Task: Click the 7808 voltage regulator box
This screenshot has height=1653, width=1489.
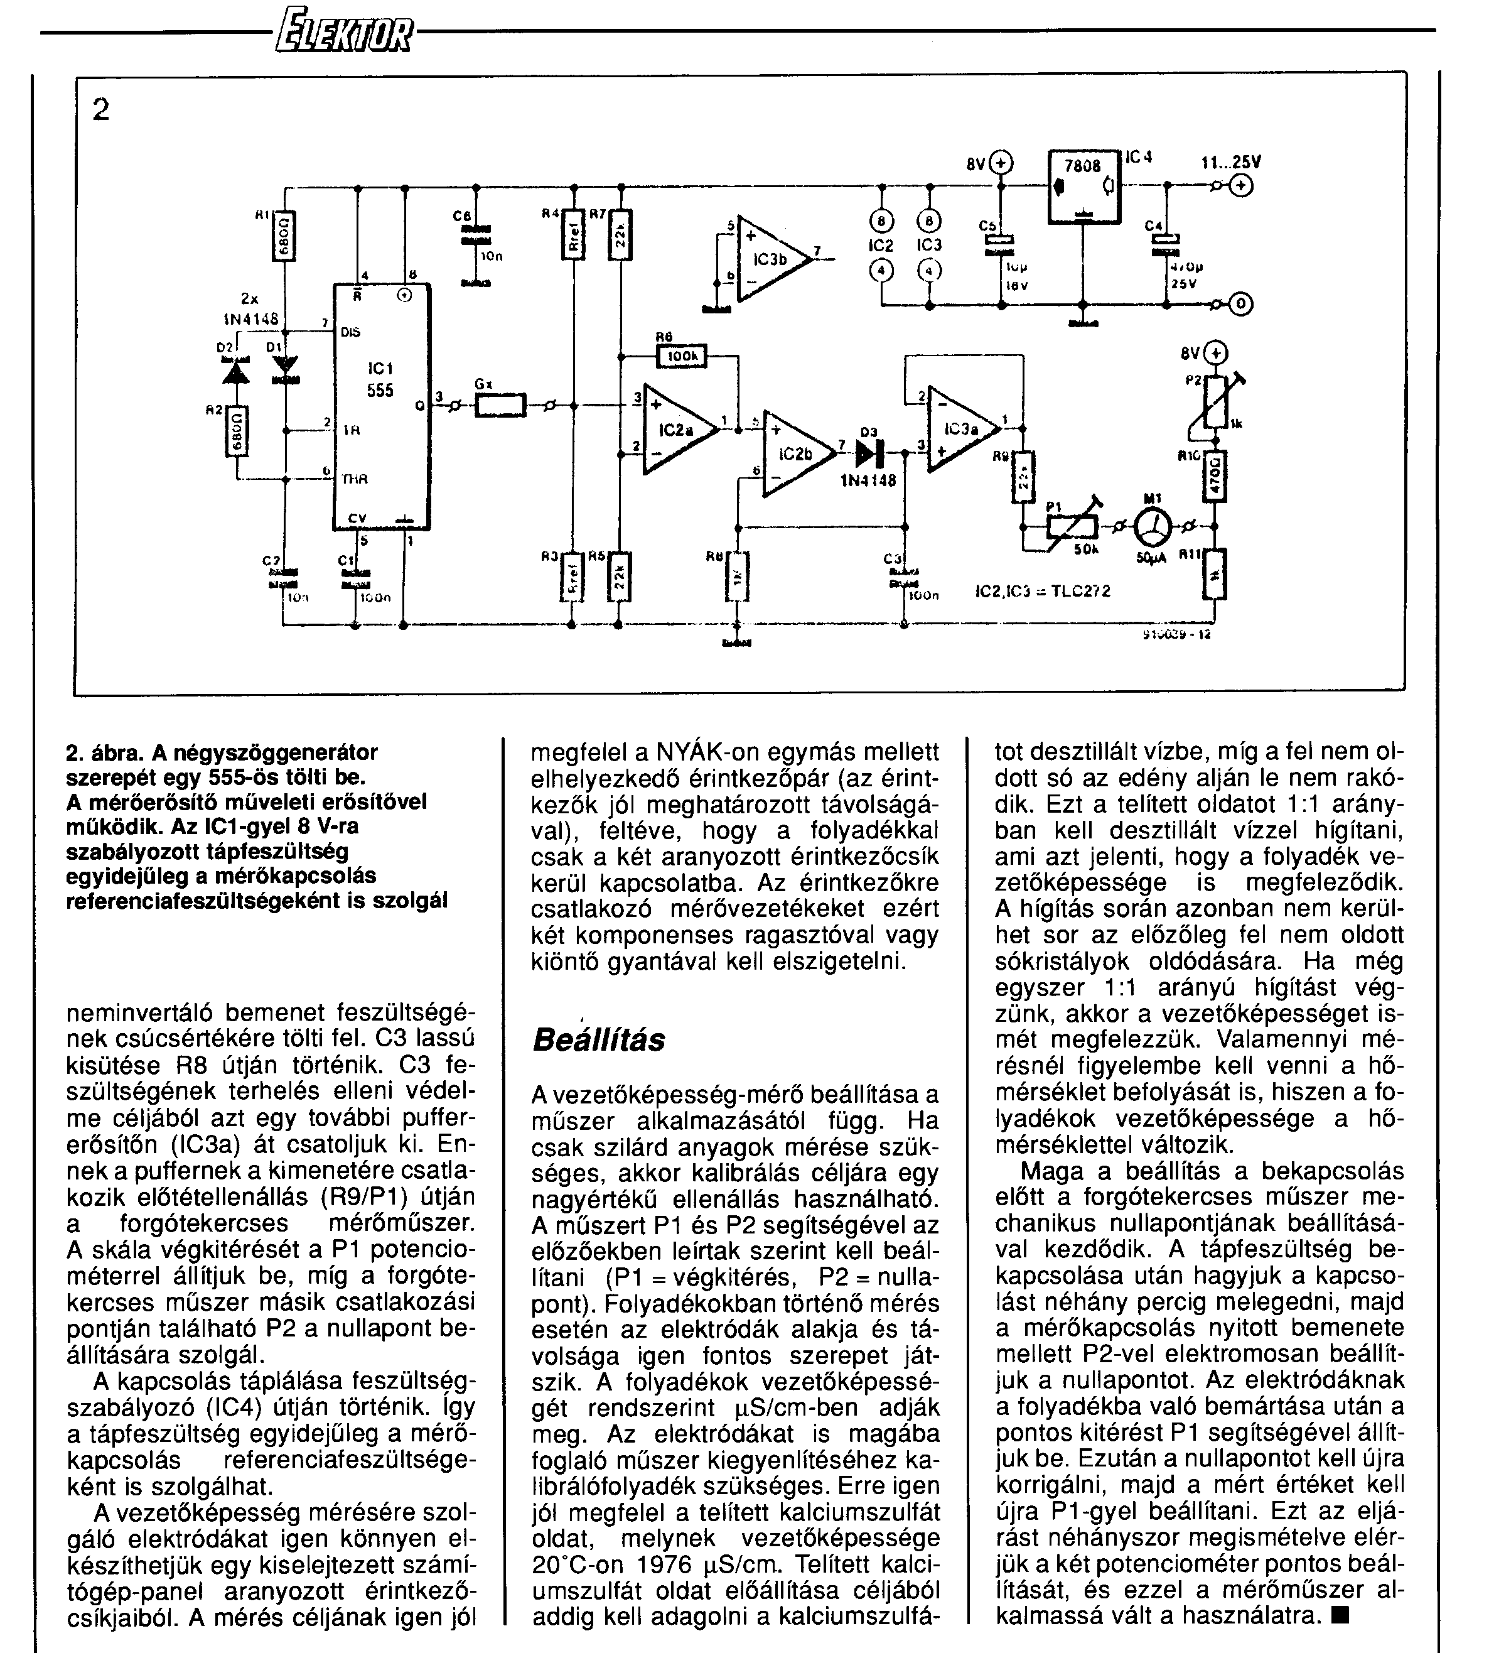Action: pyautogui.click(x=1083, y=186)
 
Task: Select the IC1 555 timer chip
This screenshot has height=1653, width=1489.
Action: pyautogui.click(x=381, y=406)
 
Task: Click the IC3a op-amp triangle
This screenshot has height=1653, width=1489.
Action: pyautogui.click(x=960, y=429)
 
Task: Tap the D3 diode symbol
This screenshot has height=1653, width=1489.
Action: pyautogui.click(x=866, y=451)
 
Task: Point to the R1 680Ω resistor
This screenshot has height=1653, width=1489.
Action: pyautogui.click(x=286, y=235)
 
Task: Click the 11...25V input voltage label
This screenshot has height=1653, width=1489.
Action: pyautogui.click(x=1230, y=163)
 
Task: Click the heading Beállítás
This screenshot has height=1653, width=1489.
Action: pyautogui.click(x=599, y=1040)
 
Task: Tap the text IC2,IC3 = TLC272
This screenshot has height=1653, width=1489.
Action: pyautogui.click(x=1043, y=591)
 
